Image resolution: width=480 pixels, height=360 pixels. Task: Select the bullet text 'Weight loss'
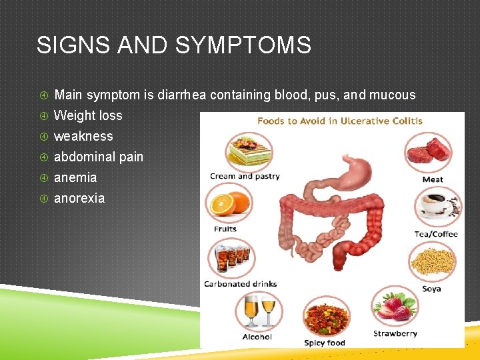pyautogui.click(x=88, y=115)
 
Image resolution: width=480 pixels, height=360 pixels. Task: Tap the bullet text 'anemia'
pyautogui.click(x=75, y=177)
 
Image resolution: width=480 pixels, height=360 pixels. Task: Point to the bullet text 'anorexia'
pyautogui.click(x=79, y=198)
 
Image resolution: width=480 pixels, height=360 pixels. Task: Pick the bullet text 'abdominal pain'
pyautogui.click(x=99, y=157)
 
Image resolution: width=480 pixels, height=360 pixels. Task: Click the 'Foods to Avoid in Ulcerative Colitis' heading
pyautogui.click(x=339, y=121)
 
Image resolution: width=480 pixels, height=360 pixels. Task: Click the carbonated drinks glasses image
pyautogui.click(x=230, y=258)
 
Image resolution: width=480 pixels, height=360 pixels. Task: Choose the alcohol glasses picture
pyautogui.click(x=259, y=311)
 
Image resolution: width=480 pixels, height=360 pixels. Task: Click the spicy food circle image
pyautogui.click(x=325, y=317)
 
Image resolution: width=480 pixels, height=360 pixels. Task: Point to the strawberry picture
pyautogui.click(x=395, y=307)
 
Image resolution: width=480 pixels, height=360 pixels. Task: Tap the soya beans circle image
pyautogui.click(x=431, y=262)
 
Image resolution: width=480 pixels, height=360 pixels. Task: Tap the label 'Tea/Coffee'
pyautogui.click(x=436, y=234)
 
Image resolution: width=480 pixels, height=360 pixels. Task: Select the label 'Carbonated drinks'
pyautogui.click(x=240, y=284)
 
